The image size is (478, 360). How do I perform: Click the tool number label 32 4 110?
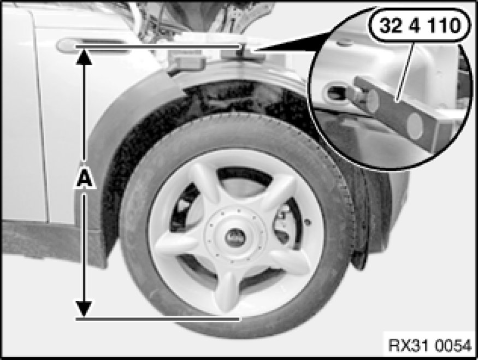420,26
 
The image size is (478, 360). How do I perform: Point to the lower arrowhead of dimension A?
84,309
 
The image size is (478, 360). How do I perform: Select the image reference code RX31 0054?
430,345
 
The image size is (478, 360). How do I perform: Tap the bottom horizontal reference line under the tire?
158,319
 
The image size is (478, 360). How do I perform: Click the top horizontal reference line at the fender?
158,46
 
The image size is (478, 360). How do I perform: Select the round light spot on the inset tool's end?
415,125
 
